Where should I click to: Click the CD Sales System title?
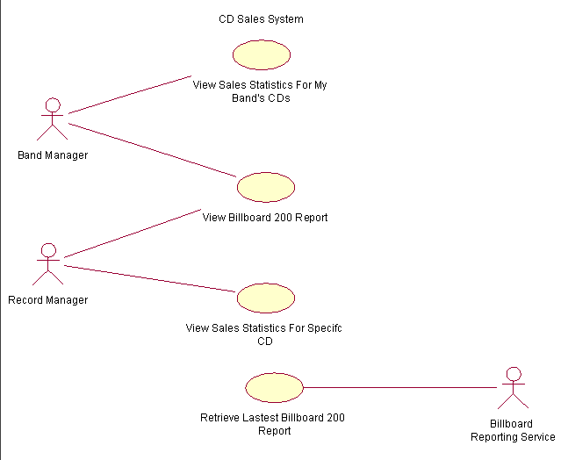point(261,19)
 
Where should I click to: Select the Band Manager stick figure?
point(53,119)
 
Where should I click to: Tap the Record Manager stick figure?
point(48,264)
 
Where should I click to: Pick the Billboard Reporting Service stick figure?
point(514,389)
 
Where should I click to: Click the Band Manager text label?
point(53,155)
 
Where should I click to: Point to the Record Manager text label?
point(48,300)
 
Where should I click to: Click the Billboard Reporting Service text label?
point(513,430)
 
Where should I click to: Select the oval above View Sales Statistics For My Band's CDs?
point(262,54)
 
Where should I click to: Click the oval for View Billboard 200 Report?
point(266,187)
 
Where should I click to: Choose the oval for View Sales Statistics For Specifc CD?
point(266,298)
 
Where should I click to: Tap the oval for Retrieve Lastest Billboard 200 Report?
point(274,387)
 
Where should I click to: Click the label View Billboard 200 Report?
point(265,218)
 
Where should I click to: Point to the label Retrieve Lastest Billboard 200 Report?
point(274,424)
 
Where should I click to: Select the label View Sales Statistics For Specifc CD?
point(264,334)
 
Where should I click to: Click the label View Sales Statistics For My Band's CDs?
point(260,91)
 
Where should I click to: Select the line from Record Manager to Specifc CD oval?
point(149,277)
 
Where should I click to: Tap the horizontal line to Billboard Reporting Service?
point(399,387)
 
